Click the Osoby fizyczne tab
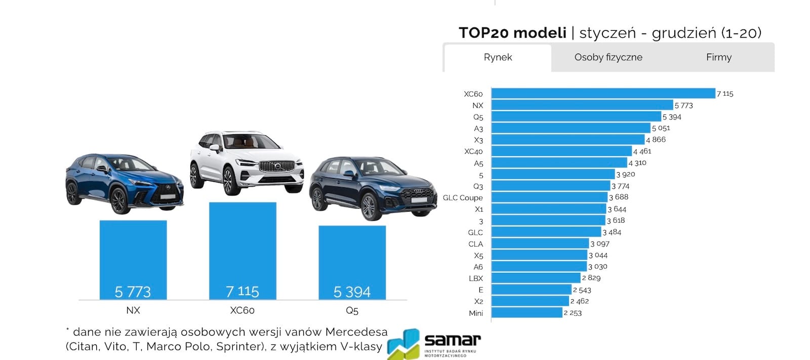pyautogui.click(x=608, y=58)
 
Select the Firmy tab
pyautogui.click(x=719, y=58)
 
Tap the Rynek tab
pyautogui.click(x=498, y=58)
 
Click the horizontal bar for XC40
pyautogui.click(x=561, y=151)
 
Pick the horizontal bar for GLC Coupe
pyautogui.click(x=549, y=197)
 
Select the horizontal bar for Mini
pyautogui.click(x=527, y=312)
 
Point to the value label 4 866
pyautogui.click(x=656, y=140)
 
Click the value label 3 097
pyautogui.click(x=600, y=244)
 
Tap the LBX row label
pyautogui.click(x=475, y=278)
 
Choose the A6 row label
pyautogui.click(x=478, y=267)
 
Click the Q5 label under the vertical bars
pyautogui.click(x=352, y=310)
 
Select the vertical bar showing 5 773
pyautogui.click(x=133, y=260)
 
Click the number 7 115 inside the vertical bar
pyautogui.click(x=242, y=292)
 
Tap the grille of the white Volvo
pyautogui.click(x=277, y=167)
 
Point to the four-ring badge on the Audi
pyautogui.click(x=419, y=191)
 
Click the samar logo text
pyautogui.click(x=453, y=340)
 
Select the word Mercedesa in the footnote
pyautogui.click(x=356, y=332)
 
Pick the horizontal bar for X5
pyautogui.click(x=539, y=255)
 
